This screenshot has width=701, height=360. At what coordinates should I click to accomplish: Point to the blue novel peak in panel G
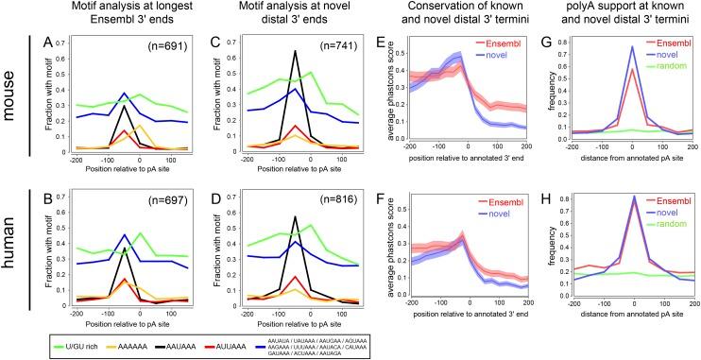pos(630,46)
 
